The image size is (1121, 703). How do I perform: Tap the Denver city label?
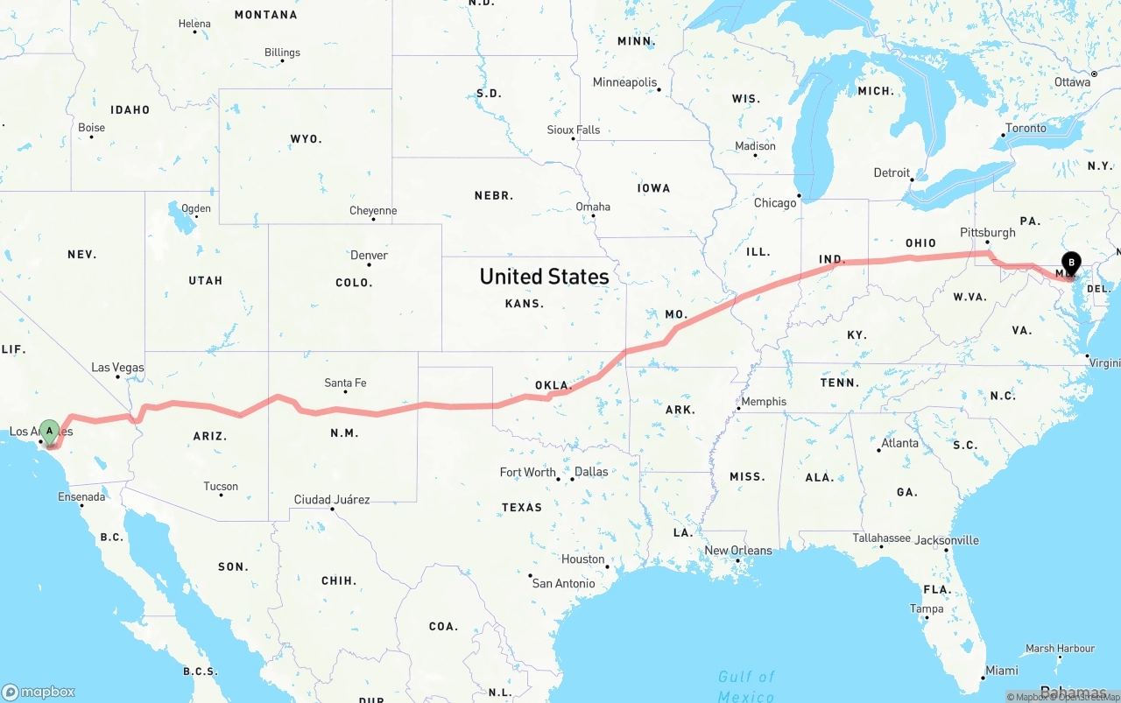(369, 255)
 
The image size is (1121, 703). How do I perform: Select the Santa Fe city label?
(345, 383)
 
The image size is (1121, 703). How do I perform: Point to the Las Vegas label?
(118, 368)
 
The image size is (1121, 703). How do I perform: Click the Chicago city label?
(775, 202)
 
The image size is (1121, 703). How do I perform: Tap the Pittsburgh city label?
(987, 232)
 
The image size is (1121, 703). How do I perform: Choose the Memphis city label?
(764, 402)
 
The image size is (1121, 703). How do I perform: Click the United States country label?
(544, 277)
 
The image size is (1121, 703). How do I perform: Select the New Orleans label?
(738, 550)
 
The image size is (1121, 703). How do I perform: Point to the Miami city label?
(1001, 671)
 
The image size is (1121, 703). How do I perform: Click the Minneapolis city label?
(624, 82)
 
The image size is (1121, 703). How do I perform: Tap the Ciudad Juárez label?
(331, 499)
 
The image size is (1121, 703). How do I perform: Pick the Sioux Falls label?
(574, 130)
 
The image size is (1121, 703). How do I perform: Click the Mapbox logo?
(39, 692)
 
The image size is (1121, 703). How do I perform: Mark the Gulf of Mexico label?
(746, 686)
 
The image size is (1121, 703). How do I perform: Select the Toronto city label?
(1026, 128)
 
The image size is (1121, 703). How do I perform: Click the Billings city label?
(282, 53)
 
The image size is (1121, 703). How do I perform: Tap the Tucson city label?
(220, 486)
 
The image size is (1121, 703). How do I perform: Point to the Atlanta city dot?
(878, 450)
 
